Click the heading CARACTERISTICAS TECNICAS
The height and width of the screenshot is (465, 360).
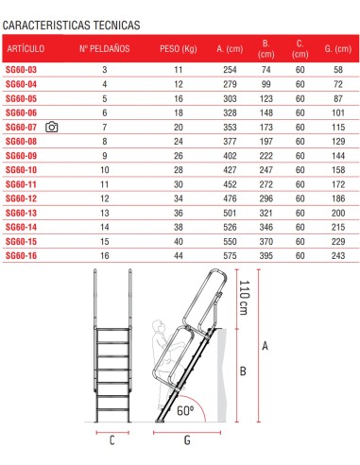point(74,21)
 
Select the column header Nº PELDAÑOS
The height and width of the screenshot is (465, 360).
point(104,47)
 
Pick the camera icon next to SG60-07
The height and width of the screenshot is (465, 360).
point(52,127)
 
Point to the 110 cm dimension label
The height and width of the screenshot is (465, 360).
point(244,301)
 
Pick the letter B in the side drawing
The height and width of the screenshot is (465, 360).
point(243,371)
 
